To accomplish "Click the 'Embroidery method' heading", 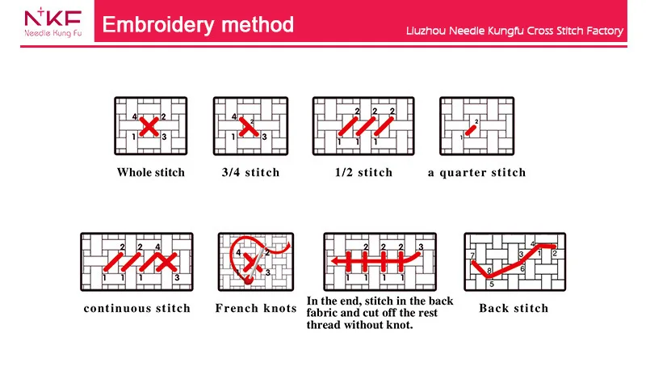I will [199, 24].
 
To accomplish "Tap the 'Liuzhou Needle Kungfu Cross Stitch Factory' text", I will [514, 31].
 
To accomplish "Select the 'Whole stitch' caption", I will [151, 172].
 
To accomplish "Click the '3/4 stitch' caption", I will [250, 172].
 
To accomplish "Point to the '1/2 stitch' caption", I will [363, 172].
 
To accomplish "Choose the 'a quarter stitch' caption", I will [476, 172].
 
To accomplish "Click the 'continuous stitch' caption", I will [137, 308].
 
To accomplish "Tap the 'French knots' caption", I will [256, 308].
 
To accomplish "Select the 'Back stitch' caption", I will [514, 308].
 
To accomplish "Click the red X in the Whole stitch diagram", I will [149, 127].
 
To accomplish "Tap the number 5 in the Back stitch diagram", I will [491, 284].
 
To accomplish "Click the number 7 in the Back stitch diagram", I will [472, 255].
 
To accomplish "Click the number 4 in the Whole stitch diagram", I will [134, 117].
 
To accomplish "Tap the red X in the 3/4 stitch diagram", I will [248, 127].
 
